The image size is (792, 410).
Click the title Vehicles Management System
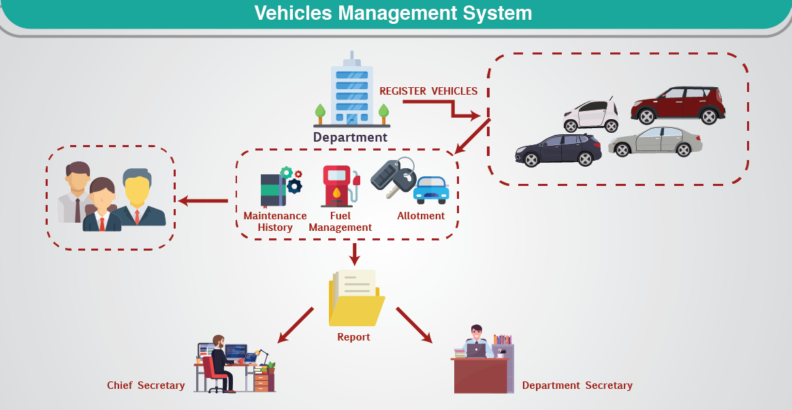tap(393, 13)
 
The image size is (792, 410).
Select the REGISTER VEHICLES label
tap(428, 91)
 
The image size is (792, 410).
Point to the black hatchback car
tap(558, 149)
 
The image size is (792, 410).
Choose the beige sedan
tap(655, 142)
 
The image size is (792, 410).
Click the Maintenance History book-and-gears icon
tap(279, 186)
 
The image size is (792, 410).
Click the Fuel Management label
tap(340, 221)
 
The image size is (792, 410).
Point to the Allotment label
tap(421, 216)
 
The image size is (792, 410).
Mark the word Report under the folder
tap(353, 337)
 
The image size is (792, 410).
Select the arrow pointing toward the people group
tap(202, 201)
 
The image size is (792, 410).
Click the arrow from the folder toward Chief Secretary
tap(296, 325)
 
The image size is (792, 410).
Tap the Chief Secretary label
tap(146, 385)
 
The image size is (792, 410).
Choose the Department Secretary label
tap(577, 385)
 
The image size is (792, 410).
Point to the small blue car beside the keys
tap(432, 190)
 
